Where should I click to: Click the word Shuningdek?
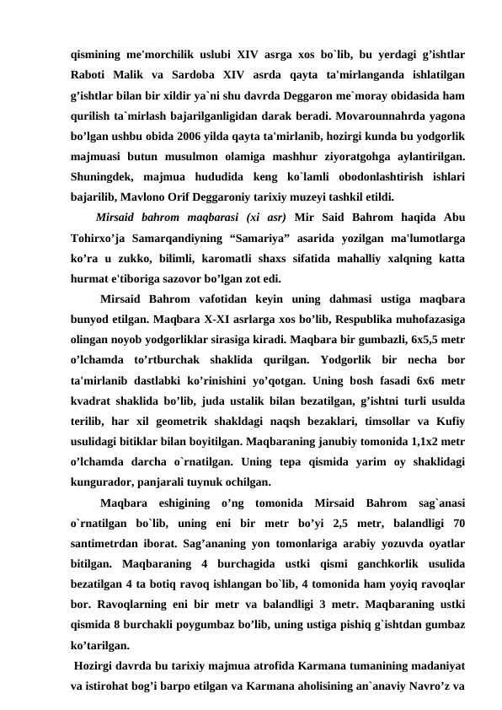[105, 175]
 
